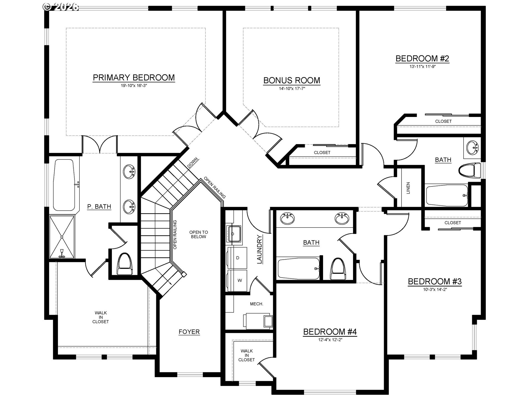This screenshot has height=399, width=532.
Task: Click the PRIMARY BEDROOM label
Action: coord(134,78)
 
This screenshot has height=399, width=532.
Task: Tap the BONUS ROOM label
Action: coord(292,80)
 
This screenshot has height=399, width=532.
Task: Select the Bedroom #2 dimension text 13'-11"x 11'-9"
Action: coord(423,66)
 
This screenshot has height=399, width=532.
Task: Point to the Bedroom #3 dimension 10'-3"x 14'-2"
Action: coord(435,289)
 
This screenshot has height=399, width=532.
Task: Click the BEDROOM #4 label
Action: coord(330,332)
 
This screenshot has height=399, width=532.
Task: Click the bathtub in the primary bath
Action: coord(64,185)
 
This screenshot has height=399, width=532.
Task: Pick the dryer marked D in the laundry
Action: coord(237,258)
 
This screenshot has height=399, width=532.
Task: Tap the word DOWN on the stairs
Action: coord(193,163)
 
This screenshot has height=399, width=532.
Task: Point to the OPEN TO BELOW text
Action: coord(198,234)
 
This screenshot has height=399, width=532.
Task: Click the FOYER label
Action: coord(189,332)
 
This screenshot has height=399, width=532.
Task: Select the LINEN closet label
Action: coord(408,188)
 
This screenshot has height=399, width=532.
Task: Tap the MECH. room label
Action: coord(257,304)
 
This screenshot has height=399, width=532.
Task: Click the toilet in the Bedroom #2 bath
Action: coord(470,170)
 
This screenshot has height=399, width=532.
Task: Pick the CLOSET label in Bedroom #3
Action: coord(453,223)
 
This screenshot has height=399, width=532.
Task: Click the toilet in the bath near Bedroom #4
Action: coord(338,268)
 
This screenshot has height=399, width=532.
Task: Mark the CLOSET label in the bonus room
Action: coord(322,152)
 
